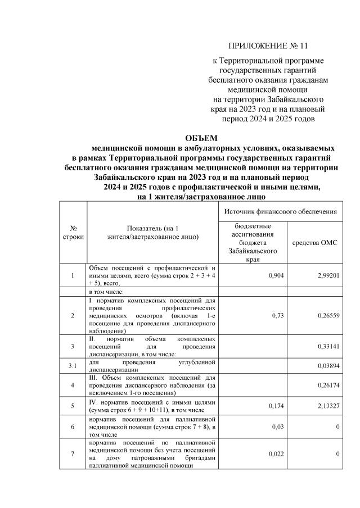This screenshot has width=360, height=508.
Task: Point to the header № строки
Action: (73, 233)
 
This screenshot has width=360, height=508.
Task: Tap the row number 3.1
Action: (73, 365)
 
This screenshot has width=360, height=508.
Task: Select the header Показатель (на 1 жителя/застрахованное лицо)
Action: (152, 233)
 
